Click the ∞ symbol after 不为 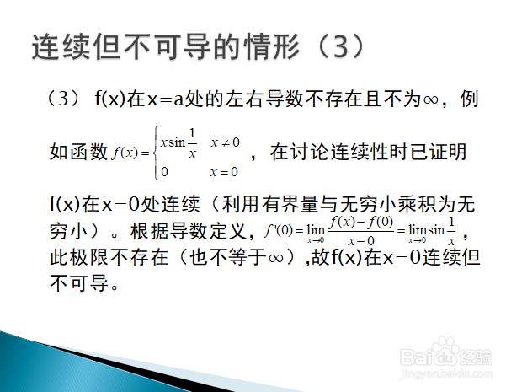[x=430, y=99]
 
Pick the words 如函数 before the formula [x=78, y=152]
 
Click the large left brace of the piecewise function [x=156, y=153]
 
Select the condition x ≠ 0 [x=225, y=142]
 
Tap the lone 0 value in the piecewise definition [x=164, y=172]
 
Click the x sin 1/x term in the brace [x=178, y=142]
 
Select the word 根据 [x=150, y=231]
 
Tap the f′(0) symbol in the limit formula [x=279, y=231]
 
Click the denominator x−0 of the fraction [x=361, y=240]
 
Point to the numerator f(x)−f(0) [x=361, y=223]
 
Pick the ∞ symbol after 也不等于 [x=275, y=258]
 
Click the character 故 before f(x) [x=321, y=257]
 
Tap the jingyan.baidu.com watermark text [x=446, y=373]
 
